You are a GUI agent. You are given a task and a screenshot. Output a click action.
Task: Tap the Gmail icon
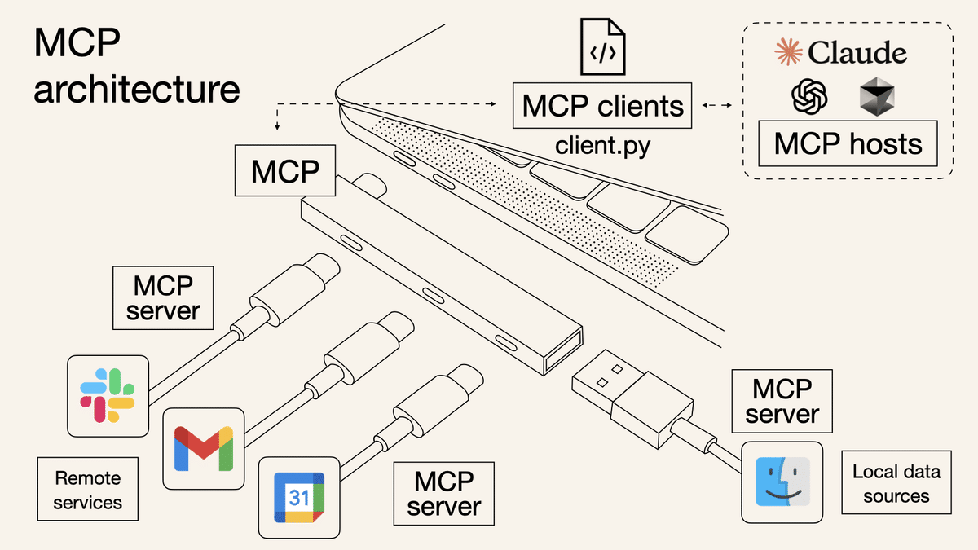[203, 448]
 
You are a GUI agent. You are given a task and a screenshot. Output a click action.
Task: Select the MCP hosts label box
[848, 144]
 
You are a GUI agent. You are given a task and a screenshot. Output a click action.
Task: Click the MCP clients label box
[602, 106]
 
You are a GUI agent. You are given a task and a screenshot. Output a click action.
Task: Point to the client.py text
[602, 146]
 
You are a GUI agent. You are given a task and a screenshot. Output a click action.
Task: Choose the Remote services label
[87, 490]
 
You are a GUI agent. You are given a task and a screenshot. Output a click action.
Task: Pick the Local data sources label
[896, 483]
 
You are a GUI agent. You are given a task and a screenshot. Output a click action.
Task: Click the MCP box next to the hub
[284, 171]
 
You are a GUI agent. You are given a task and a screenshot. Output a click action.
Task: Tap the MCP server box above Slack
[164, 298]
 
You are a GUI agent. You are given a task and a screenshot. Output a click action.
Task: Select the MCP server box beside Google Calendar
[443, 494]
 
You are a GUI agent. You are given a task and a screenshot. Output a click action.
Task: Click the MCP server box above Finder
[782, 401]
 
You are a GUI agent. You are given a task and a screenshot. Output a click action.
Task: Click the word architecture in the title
[137, 89]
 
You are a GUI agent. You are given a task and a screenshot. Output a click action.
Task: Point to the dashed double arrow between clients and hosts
[717, 105]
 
